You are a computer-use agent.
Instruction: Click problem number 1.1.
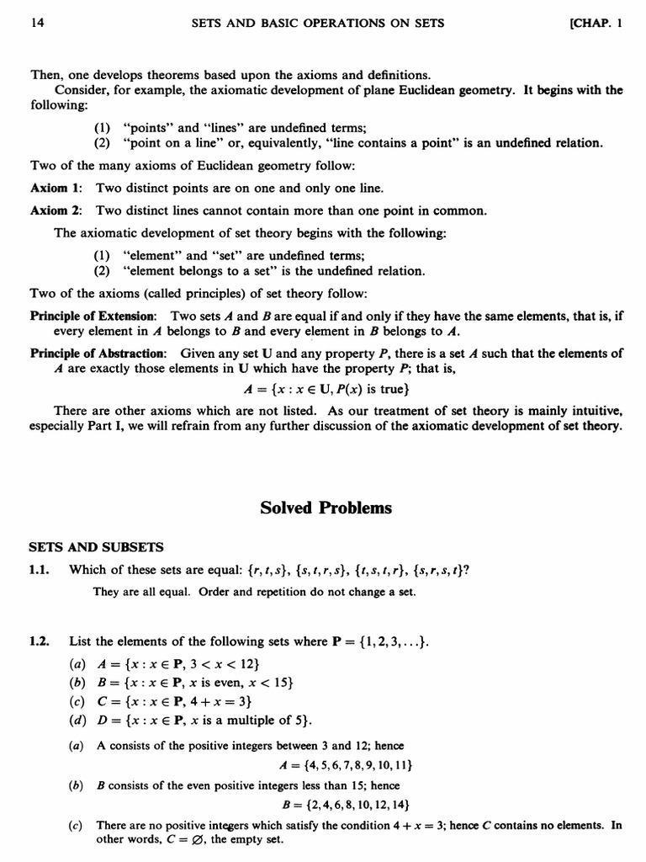40,569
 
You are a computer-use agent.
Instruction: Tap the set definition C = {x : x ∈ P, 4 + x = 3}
173,700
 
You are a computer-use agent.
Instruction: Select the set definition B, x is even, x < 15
194,682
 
